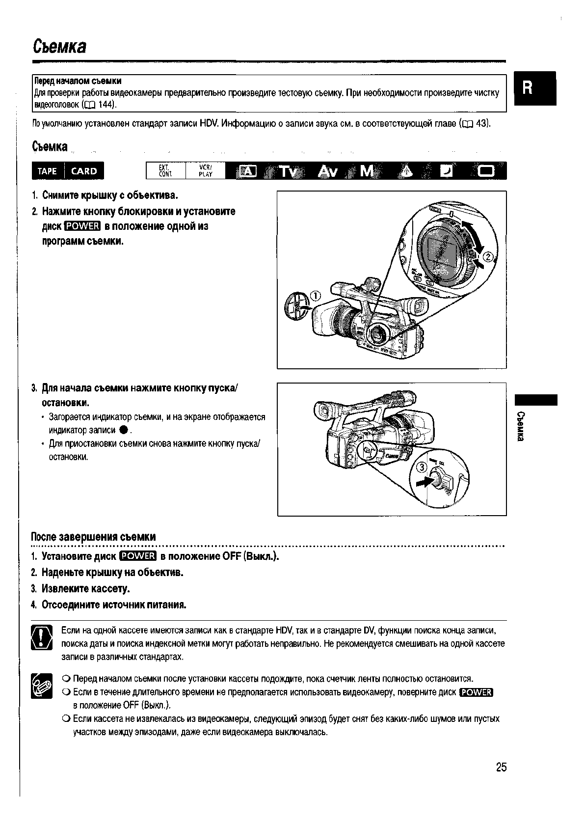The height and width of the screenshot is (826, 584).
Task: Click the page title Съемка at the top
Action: click(59, 47)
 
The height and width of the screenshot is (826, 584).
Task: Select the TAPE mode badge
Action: click(47, 171)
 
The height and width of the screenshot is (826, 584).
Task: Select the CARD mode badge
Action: click(84, 171)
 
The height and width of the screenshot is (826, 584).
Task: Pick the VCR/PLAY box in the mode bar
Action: click(205, 171)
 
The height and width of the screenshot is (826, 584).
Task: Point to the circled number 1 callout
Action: click(314, 296)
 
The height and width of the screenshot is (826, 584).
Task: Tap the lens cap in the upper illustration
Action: click(296, 308)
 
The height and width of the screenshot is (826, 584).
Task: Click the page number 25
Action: click(501, 767)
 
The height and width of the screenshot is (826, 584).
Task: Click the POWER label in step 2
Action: click(82, 226)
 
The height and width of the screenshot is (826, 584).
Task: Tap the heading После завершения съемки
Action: click(93, 537)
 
